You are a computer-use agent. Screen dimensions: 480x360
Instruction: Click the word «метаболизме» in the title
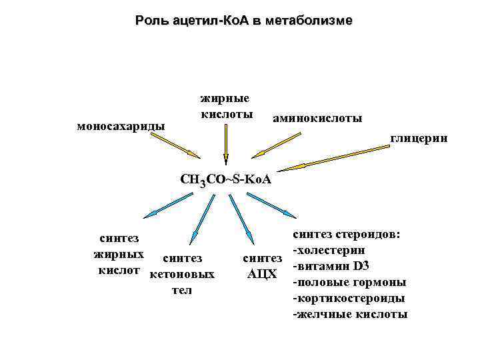click(309, 21)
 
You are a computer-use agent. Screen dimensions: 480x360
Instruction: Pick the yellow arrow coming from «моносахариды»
click(175, 145)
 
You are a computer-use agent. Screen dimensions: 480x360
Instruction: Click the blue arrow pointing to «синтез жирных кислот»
click(179, 203)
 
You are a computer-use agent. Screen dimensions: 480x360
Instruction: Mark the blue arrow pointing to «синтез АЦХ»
click(241, 217)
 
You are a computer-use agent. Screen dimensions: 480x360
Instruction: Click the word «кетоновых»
click(182, 275)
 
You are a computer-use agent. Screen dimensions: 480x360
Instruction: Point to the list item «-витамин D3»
click(331, 266)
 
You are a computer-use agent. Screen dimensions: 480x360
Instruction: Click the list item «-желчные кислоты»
click(350, 314)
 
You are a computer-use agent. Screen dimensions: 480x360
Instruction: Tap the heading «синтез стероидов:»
click(347, 235)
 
